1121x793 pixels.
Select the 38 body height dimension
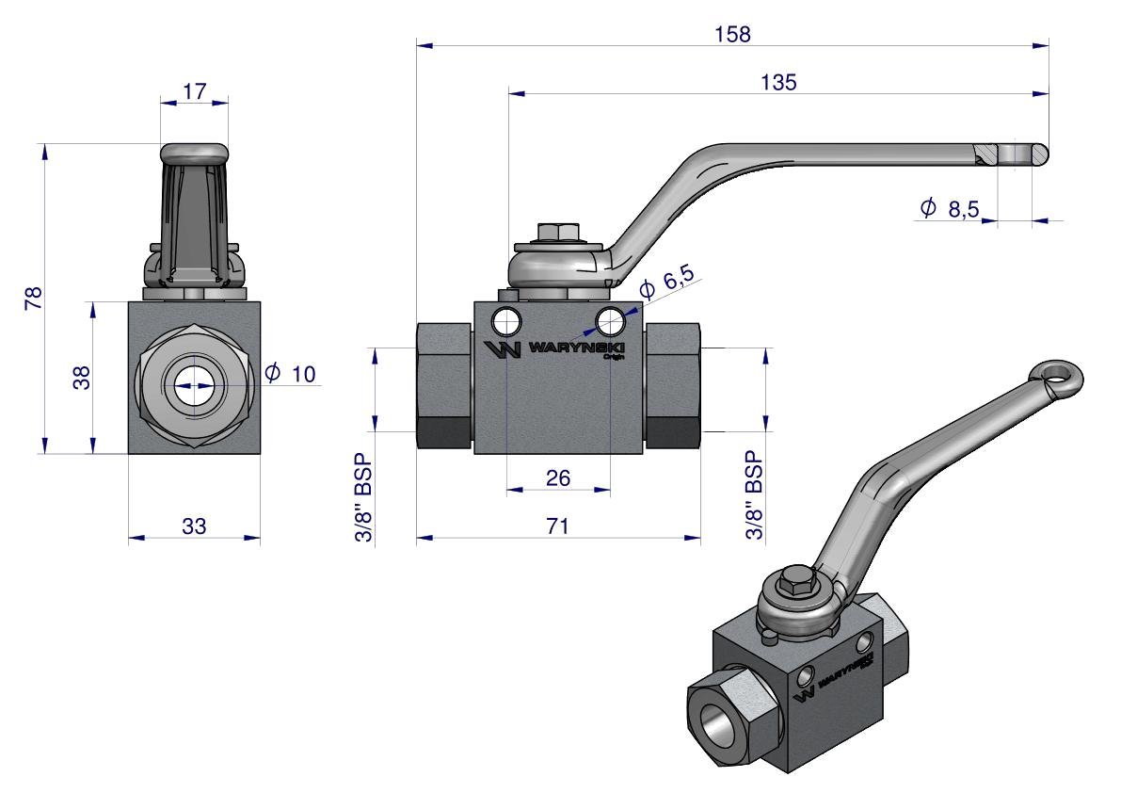(x=83, y=378)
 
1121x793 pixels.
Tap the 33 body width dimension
(x=194, y=526)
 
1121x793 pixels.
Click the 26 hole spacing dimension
(x=558, y=478)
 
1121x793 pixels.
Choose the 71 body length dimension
(x=558, y=526)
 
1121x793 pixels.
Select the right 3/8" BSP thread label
(x=753, y=501)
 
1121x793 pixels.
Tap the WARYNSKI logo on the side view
(x=559, y=350)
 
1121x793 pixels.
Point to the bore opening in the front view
(x=196, y=386)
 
